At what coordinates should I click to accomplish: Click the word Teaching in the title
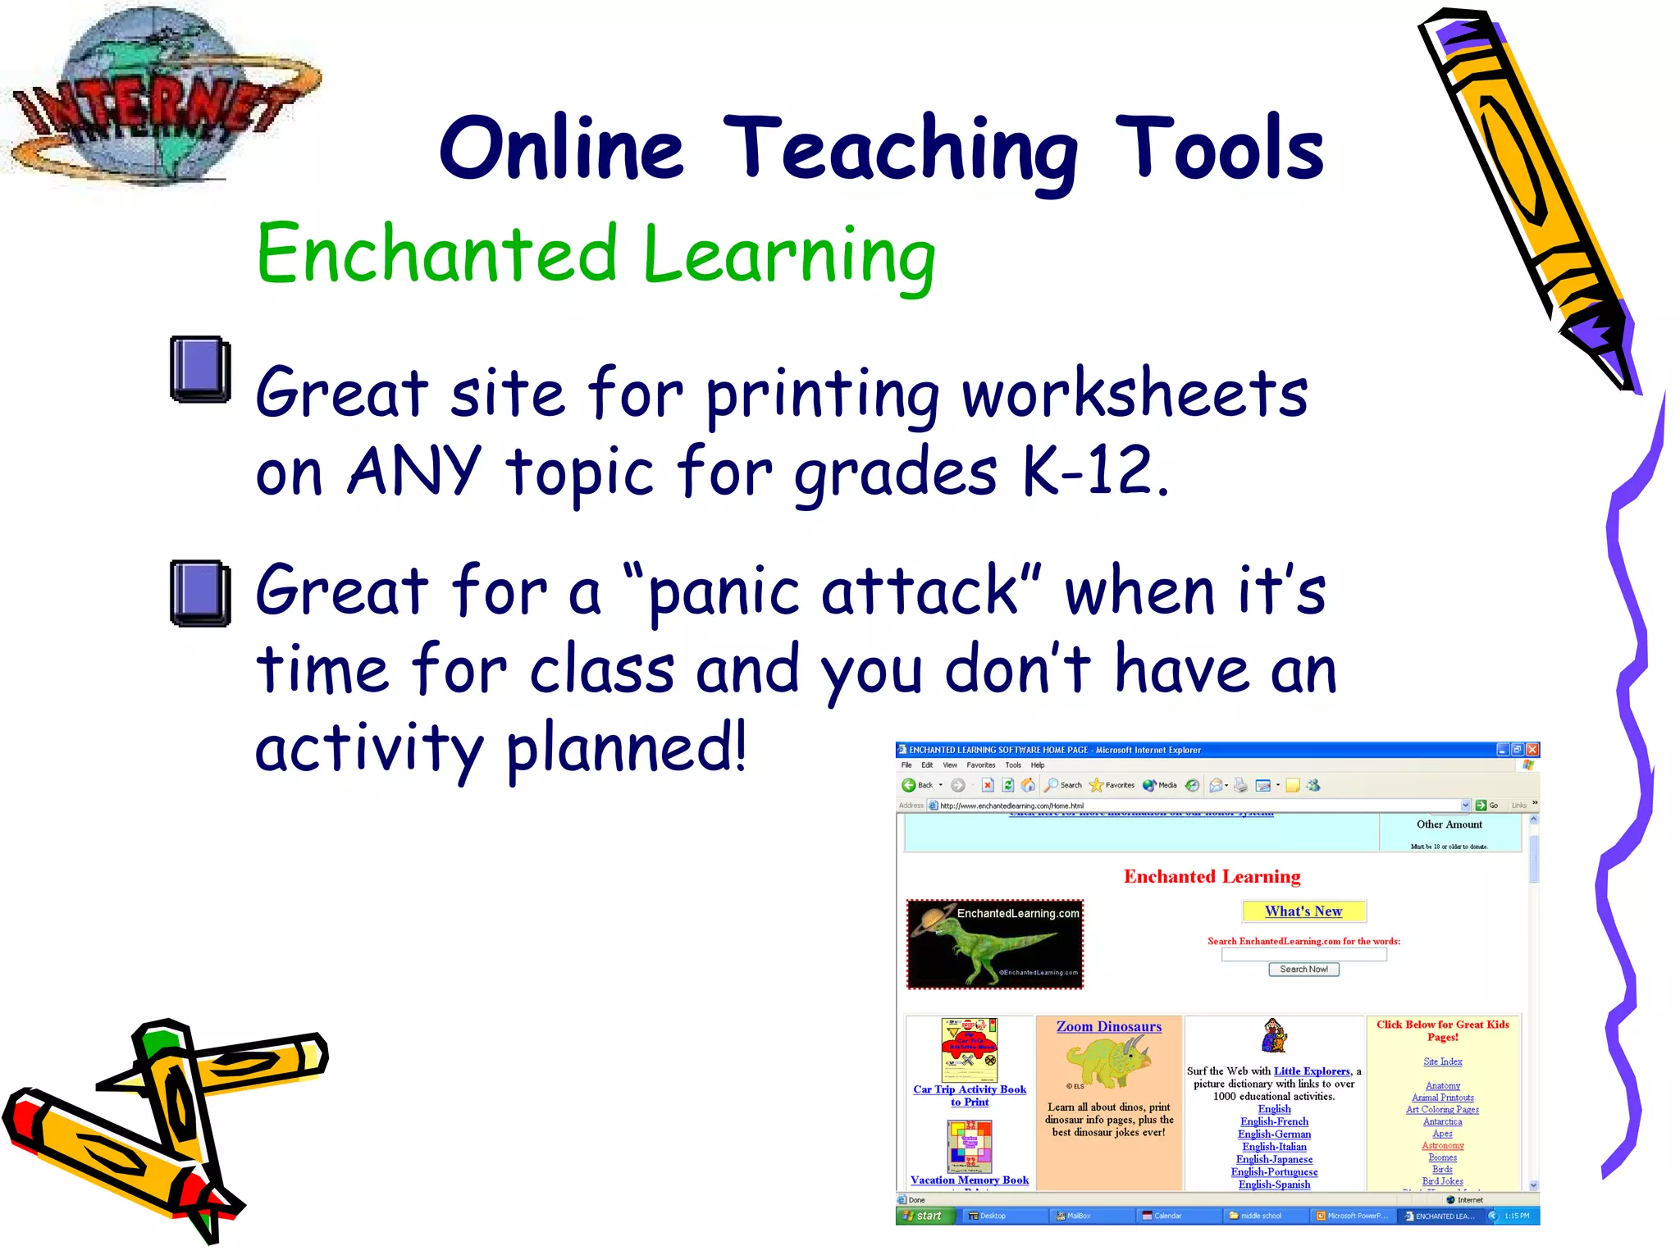click(900, 149)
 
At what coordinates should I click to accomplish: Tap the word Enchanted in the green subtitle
click(437, 253)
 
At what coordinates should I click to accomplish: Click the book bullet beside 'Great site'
click(199, 369)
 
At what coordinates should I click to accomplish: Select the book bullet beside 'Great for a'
click(199, 592)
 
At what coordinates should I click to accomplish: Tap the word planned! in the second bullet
click(627, 748)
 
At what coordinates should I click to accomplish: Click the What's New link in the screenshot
click(1303, 911)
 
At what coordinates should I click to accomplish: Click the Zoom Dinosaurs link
click(1108, 1026)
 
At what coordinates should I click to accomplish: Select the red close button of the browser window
click(1532, 750)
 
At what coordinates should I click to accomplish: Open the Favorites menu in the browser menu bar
click(980, 765)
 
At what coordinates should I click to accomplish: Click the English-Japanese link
click(1274, 1159)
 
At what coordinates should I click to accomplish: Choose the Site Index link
click(1442, 1061)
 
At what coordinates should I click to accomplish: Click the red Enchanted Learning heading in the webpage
click(1212, 877)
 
